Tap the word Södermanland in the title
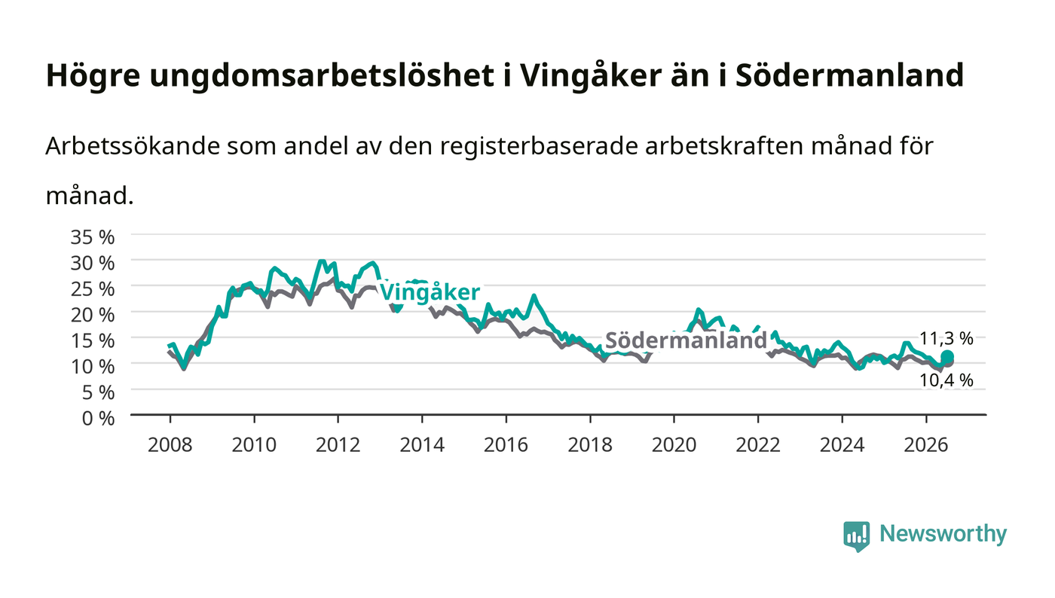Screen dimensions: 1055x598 pos(850,75)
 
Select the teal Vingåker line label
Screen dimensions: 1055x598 pos(430,292)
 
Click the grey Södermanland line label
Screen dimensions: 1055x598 pos(687,340)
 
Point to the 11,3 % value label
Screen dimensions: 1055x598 pos(946,338)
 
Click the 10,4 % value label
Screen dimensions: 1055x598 pos(946,380)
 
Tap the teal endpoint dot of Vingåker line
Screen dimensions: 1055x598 pos(947,356)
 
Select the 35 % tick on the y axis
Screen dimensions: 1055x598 pos(92,236)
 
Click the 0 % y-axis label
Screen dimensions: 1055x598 pos(98,418)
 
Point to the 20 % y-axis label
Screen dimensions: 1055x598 pos(92,315)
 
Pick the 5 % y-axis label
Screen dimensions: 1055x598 pos(98,392)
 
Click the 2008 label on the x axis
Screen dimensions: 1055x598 pos(170,445)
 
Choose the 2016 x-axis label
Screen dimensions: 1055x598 pos(506,445)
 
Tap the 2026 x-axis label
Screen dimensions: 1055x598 pos(926,445)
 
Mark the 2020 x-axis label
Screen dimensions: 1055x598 pos(674,445)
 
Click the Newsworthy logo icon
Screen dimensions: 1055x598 pos(856,535)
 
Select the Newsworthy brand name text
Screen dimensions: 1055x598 pos(943,534)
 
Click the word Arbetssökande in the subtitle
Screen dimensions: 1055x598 pos(133,146)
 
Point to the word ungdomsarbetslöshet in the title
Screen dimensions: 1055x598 pos(322,76)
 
